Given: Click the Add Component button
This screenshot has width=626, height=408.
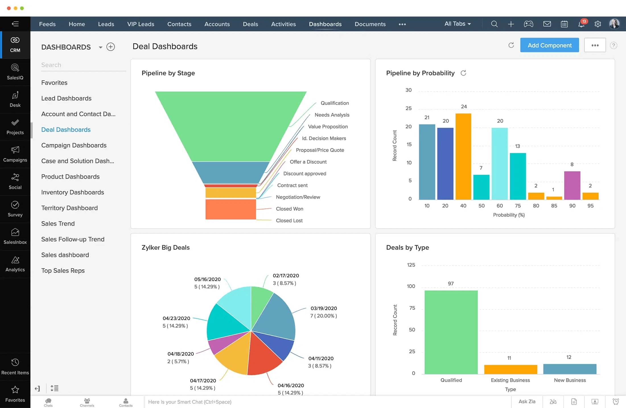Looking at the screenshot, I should pyautogui.click(x=549, y=45).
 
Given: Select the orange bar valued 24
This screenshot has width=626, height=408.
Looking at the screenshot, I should pyautogui.click(x=463, y=156).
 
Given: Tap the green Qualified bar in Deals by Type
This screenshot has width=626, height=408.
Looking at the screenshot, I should pyautogui.click(x=451, y=332).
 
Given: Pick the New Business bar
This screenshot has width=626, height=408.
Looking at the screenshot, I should pyautogui.click(x=569, y=369).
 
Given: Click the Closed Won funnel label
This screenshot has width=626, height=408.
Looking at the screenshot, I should pyautogui.click(x=289, y=209).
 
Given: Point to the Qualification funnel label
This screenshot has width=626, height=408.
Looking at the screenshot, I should pyautogui.click(x=334, y=103).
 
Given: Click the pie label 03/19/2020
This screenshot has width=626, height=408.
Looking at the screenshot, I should pyautogui.click(x=324, y=308).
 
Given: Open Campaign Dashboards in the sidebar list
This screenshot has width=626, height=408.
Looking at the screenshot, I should pyautogui.click(x=74, y=145).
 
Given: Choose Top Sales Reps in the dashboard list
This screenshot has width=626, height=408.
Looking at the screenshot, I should pyautogui.click(x=63, y=270).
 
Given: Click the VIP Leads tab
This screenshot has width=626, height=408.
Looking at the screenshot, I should pyautogui.click(x=141, y=24).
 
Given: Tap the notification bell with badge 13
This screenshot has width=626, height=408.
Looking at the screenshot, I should pyautogui.click(x=581, y=24).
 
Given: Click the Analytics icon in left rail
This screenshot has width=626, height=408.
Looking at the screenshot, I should pyautogui.click(x=15, y=264).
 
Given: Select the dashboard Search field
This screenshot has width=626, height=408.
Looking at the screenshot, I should pyautogui.click(x=83, y=65).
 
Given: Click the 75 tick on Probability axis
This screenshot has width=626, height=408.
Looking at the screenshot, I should pyautogui.click(x=518, y=206).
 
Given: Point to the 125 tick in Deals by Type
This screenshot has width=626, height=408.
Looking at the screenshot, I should pyautogui.click(x=411, y=265).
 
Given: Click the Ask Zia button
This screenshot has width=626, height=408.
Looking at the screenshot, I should pyautogui.click(x=527, y=401).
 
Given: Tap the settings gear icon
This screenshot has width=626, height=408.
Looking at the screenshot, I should pyautogui.click(x=598, y=24).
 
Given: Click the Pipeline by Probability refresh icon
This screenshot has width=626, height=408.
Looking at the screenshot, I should pyautogui.click(x=463, y=73).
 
